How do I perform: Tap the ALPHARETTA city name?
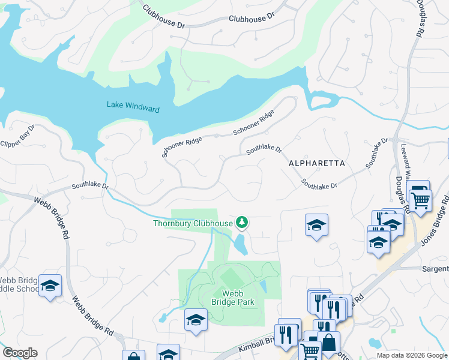[316, 163]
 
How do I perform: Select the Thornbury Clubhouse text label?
[192, 224]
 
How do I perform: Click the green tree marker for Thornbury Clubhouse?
[242, 223]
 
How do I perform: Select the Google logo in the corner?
[20, 353]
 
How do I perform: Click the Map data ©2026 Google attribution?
[412, 355]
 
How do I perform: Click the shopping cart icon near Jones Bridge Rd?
[420, 200]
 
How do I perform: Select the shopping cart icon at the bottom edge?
[310, 350]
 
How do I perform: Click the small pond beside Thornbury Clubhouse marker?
[241, 244]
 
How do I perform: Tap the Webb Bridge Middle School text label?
[18, 284]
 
